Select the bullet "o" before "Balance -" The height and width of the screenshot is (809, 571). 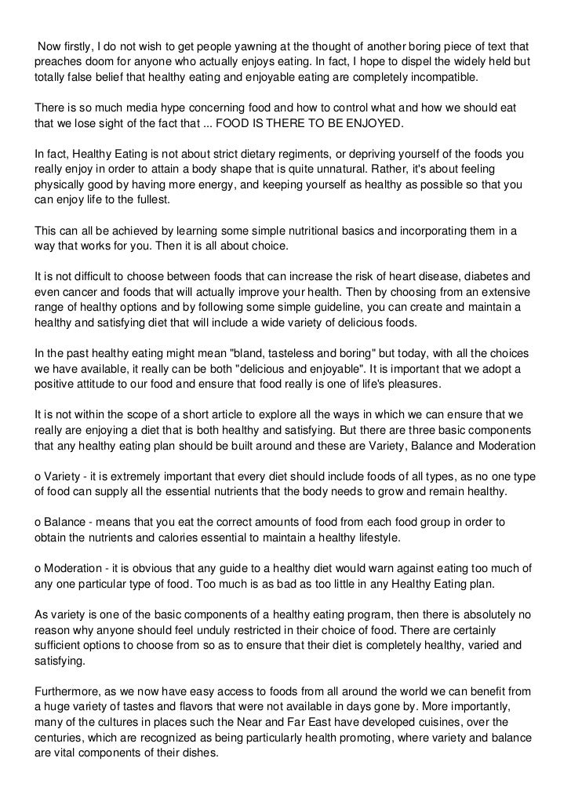(x=38, y=522)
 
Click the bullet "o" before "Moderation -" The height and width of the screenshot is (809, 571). (x=38, y=566)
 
